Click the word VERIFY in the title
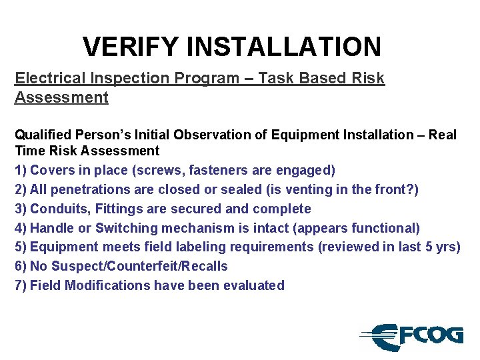point(131,47)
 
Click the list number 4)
point(21,228)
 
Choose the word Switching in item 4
point(127,228)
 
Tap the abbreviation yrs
point(445,247)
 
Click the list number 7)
point(21,285)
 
